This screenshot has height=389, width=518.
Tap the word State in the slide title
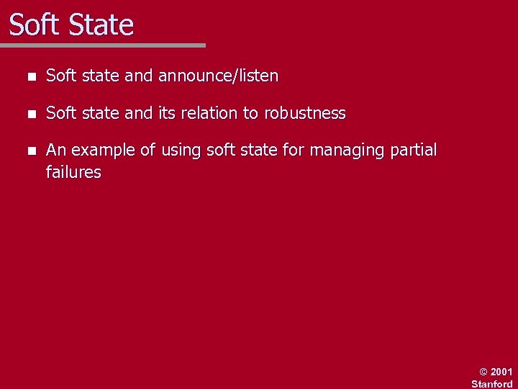101,25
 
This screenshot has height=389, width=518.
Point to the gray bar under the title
103,45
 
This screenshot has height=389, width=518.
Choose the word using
181,151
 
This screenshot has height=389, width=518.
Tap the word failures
73,172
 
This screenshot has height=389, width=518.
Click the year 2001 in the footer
501,372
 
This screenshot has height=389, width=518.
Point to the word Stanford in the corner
492,384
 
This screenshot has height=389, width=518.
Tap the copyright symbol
483,372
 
